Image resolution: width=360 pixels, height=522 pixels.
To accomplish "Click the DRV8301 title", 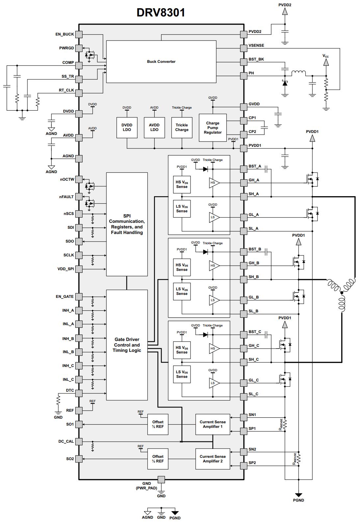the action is pyautogui.click(x=161, y=13).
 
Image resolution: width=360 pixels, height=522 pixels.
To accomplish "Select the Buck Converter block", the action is pyautogui.click(x=161, y=62).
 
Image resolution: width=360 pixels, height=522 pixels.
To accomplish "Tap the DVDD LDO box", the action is pyautogui.click(x=127, y=127).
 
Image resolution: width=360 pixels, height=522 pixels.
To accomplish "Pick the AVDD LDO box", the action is pyautogui.click(x=154, y=127).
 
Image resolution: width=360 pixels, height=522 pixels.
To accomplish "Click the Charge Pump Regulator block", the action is pyautogui.click(x=213, y=128).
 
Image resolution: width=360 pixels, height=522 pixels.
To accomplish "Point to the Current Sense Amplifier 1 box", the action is pyautogui.click(x=213, y=424).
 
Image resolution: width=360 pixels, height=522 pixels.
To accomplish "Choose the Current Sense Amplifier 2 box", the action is pyautogui.click(x=213, y=459).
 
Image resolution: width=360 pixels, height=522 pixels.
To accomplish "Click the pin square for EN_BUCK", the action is pyautogui.click(x=79, y=35).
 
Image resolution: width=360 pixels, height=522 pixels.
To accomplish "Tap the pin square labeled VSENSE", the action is pyautogui.click(x=244, y=48).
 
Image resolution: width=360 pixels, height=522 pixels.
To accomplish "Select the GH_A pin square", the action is pyautogui.click(x=244, y=183).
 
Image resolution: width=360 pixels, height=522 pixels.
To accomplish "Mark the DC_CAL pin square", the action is pyautogui.click(x=79, y=441).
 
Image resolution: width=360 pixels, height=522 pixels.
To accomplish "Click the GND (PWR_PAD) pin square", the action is pyautogui.click(x=161, y=480).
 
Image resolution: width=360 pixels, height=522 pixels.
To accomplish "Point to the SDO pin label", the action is pyautogui.click(x=70, y=241).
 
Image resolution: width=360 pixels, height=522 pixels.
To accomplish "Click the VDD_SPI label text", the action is pyautogui.click(x=66, y=269).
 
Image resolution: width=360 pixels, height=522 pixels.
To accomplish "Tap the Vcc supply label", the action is pyautogui.click(x=325, y=56).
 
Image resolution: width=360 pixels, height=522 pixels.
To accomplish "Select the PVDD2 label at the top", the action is pyautogui.click(x=285, y=5).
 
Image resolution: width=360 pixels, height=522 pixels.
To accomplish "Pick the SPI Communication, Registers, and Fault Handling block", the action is pyautogui.click(x=127, y=224).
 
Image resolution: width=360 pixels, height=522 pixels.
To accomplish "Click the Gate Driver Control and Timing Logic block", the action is pyautogui.click(x=127, y=345).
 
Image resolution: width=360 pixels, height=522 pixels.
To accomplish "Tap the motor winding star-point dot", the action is pyautogui.click(x=342, y=293).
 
